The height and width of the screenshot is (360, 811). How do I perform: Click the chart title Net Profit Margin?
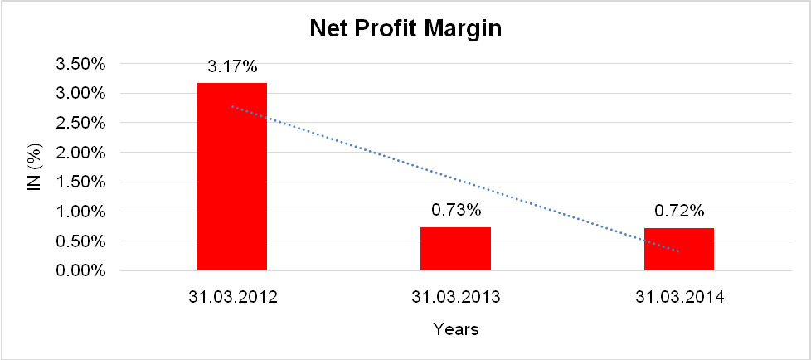[405, 30]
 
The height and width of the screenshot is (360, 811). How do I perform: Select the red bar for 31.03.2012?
[232, 177]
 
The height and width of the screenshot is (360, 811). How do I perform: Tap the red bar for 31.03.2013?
[455, 249]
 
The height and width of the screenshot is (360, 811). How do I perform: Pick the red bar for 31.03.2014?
[678, 249]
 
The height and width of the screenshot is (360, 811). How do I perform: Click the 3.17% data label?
[232, 68]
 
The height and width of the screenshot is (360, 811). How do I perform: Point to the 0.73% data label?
[455, 211]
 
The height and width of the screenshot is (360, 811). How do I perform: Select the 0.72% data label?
[678, 211]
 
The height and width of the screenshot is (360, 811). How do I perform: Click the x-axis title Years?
[455, 329]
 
